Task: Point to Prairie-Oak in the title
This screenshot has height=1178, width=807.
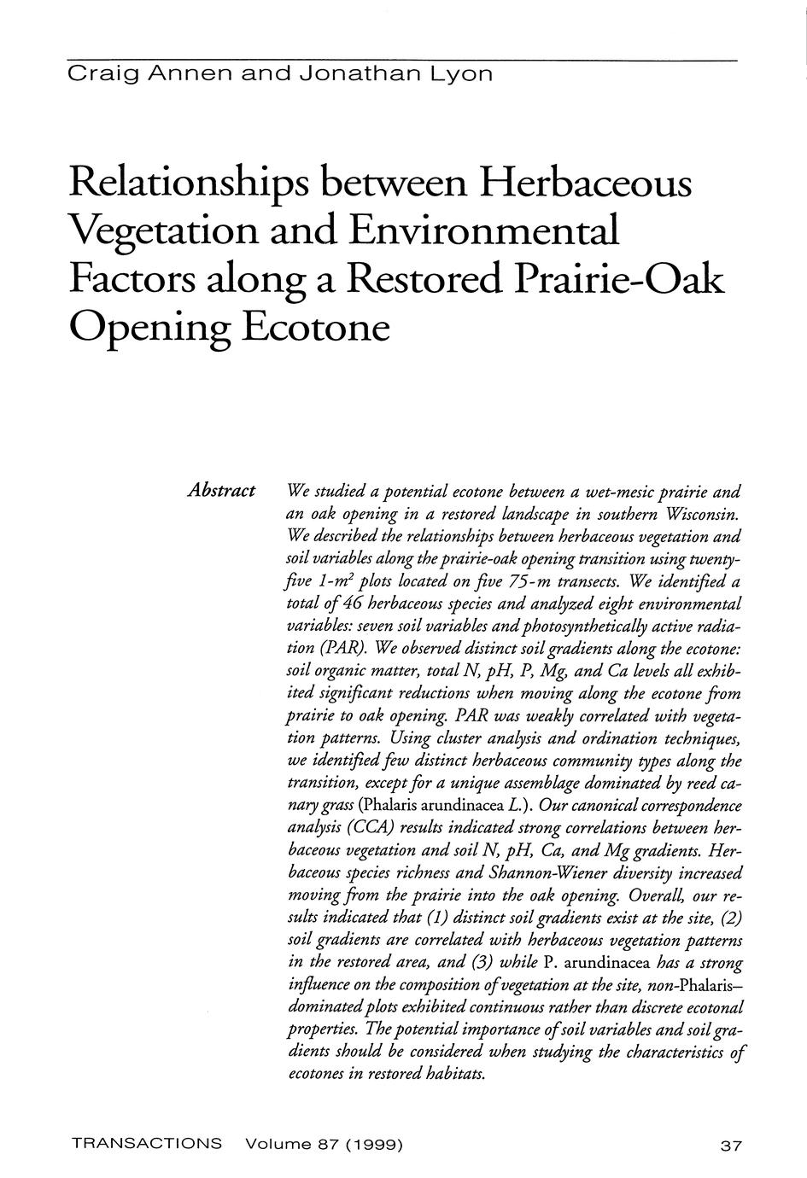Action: click(623, 278)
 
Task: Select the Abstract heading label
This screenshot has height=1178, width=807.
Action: click(221, 491)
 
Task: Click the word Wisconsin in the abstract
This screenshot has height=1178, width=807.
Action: click(693, 515)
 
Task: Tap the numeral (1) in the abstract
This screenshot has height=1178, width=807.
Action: click(433, 918)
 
